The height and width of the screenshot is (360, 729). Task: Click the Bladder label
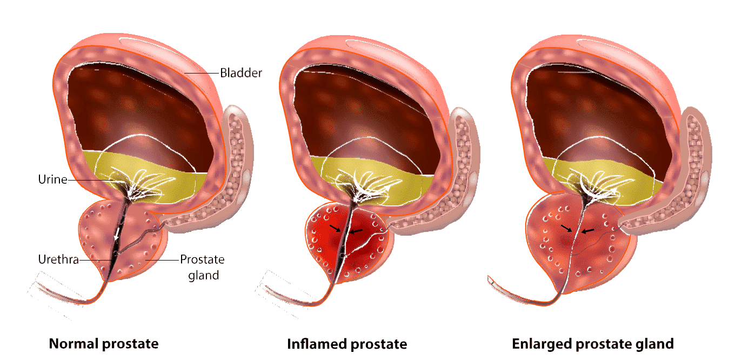[240, 72]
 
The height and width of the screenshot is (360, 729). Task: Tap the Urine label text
[52, 179]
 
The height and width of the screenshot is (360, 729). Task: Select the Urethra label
[58, 260]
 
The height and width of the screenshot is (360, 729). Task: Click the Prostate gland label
[202, 267]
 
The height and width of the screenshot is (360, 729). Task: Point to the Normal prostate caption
[104, 344]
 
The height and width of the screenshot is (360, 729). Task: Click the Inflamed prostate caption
[347, 344]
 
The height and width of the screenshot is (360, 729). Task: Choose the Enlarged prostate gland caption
[593, 344]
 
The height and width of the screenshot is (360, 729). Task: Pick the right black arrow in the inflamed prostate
[355, 231]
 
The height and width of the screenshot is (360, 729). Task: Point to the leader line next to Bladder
[202, 72]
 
